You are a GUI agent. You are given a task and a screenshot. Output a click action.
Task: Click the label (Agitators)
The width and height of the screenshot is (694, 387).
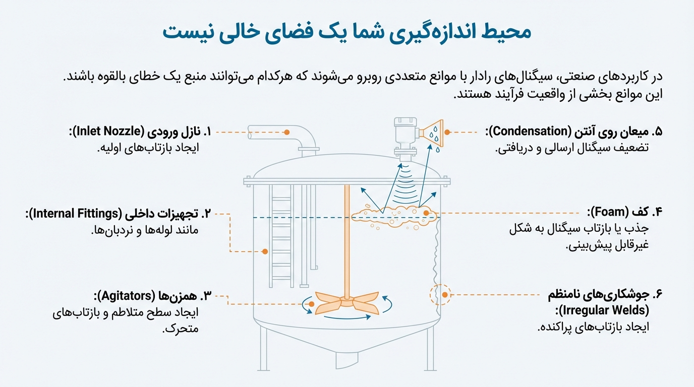(126, 295)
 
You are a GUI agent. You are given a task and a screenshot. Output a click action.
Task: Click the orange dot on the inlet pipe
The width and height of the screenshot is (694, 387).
(286, 132)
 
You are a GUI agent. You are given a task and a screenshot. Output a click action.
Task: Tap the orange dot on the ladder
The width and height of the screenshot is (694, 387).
(264, 251)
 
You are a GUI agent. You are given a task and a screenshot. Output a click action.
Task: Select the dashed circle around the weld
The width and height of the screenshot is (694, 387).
(439, 295)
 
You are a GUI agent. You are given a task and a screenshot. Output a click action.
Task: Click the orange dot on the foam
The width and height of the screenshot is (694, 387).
(427, 213)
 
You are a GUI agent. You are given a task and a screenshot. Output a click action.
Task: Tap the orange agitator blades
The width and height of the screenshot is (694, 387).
(346, 304)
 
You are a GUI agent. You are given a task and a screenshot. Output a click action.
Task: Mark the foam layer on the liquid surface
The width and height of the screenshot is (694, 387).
(393, 216)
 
